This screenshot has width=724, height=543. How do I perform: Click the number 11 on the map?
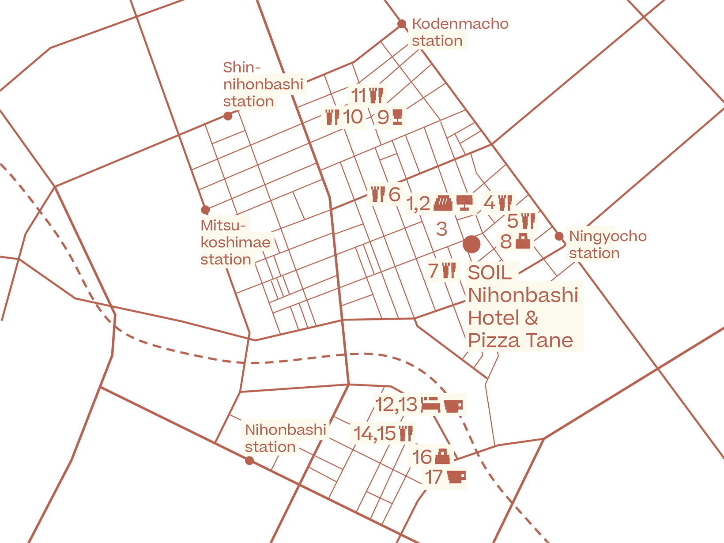(x=358, y=95)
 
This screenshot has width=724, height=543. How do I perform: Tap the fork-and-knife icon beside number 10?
(x=332, y=117)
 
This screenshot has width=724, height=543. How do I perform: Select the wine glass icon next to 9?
(x=397, y=117)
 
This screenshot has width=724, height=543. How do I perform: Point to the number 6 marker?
(x=394, y=194)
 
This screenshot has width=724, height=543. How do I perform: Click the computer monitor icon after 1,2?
(x=464, y=203)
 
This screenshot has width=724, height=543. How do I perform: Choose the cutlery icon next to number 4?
(x=505, y=203)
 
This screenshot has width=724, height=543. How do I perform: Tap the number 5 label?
(x=513, y=221)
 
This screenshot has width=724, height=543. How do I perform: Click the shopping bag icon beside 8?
(x=522, y=241)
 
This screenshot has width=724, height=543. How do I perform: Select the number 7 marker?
(x=434, y=270)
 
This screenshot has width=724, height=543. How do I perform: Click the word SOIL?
(x=489, y=273)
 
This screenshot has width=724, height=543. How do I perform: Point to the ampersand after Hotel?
(x=532, y=318)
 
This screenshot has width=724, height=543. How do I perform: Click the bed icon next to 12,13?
(x=430, y=404)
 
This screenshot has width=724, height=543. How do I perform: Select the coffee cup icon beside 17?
(x=456, y=477)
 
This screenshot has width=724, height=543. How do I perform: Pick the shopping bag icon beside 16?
(x=442, y=456)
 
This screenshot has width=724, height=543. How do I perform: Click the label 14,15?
(x=374, y=434)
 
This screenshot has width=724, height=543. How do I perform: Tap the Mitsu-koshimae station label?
(x=235, y=242)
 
